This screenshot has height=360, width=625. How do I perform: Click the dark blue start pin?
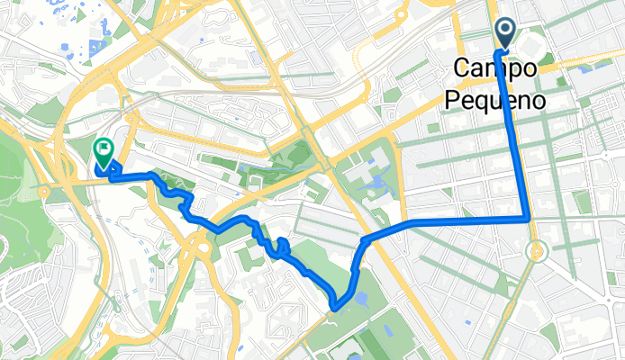[504, 34]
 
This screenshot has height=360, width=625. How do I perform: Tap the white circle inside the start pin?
[504, 31]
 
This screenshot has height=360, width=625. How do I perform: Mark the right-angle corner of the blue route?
[528, 219]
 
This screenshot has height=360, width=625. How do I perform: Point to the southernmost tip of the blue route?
[334, 307]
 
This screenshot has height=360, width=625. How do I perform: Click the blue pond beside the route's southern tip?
[359, 298]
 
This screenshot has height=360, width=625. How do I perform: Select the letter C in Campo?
[462, 68]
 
